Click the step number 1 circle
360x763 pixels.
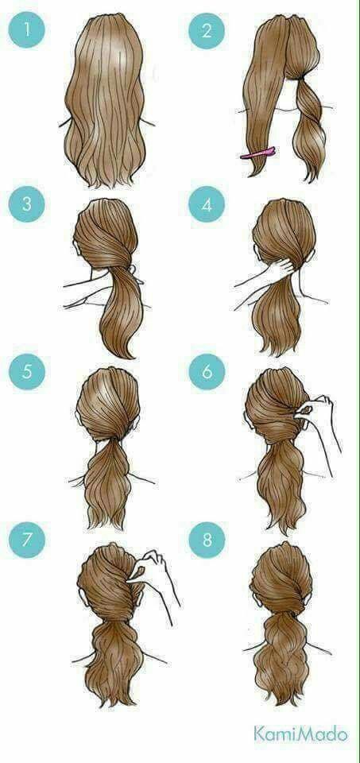[x=27, y=30]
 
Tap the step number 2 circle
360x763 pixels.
[x=207, y=31]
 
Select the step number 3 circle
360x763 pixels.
[x=27, y=204]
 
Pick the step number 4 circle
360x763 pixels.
[x=207, y=204]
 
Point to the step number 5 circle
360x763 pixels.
[x=27, y=372]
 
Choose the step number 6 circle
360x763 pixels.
[x=207, y=372]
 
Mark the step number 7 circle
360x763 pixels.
[x=27, y=540]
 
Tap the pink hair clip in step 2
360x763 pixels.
[x=259, y=153]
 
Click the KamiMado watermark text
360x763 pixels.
[x=300, y=734]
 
